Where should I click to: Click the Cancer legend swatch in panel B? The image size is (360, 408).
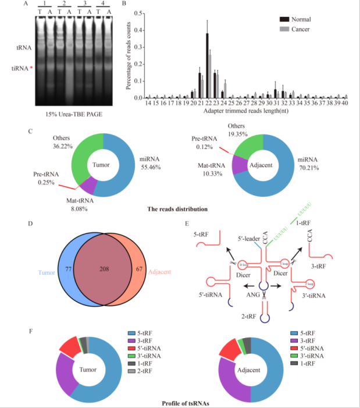click(285, 29)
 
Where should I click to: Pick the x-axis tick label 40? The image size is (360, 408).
click(344, 103)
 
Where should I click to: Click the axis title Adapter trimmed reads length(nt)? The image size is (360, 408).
click(241, 111)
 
